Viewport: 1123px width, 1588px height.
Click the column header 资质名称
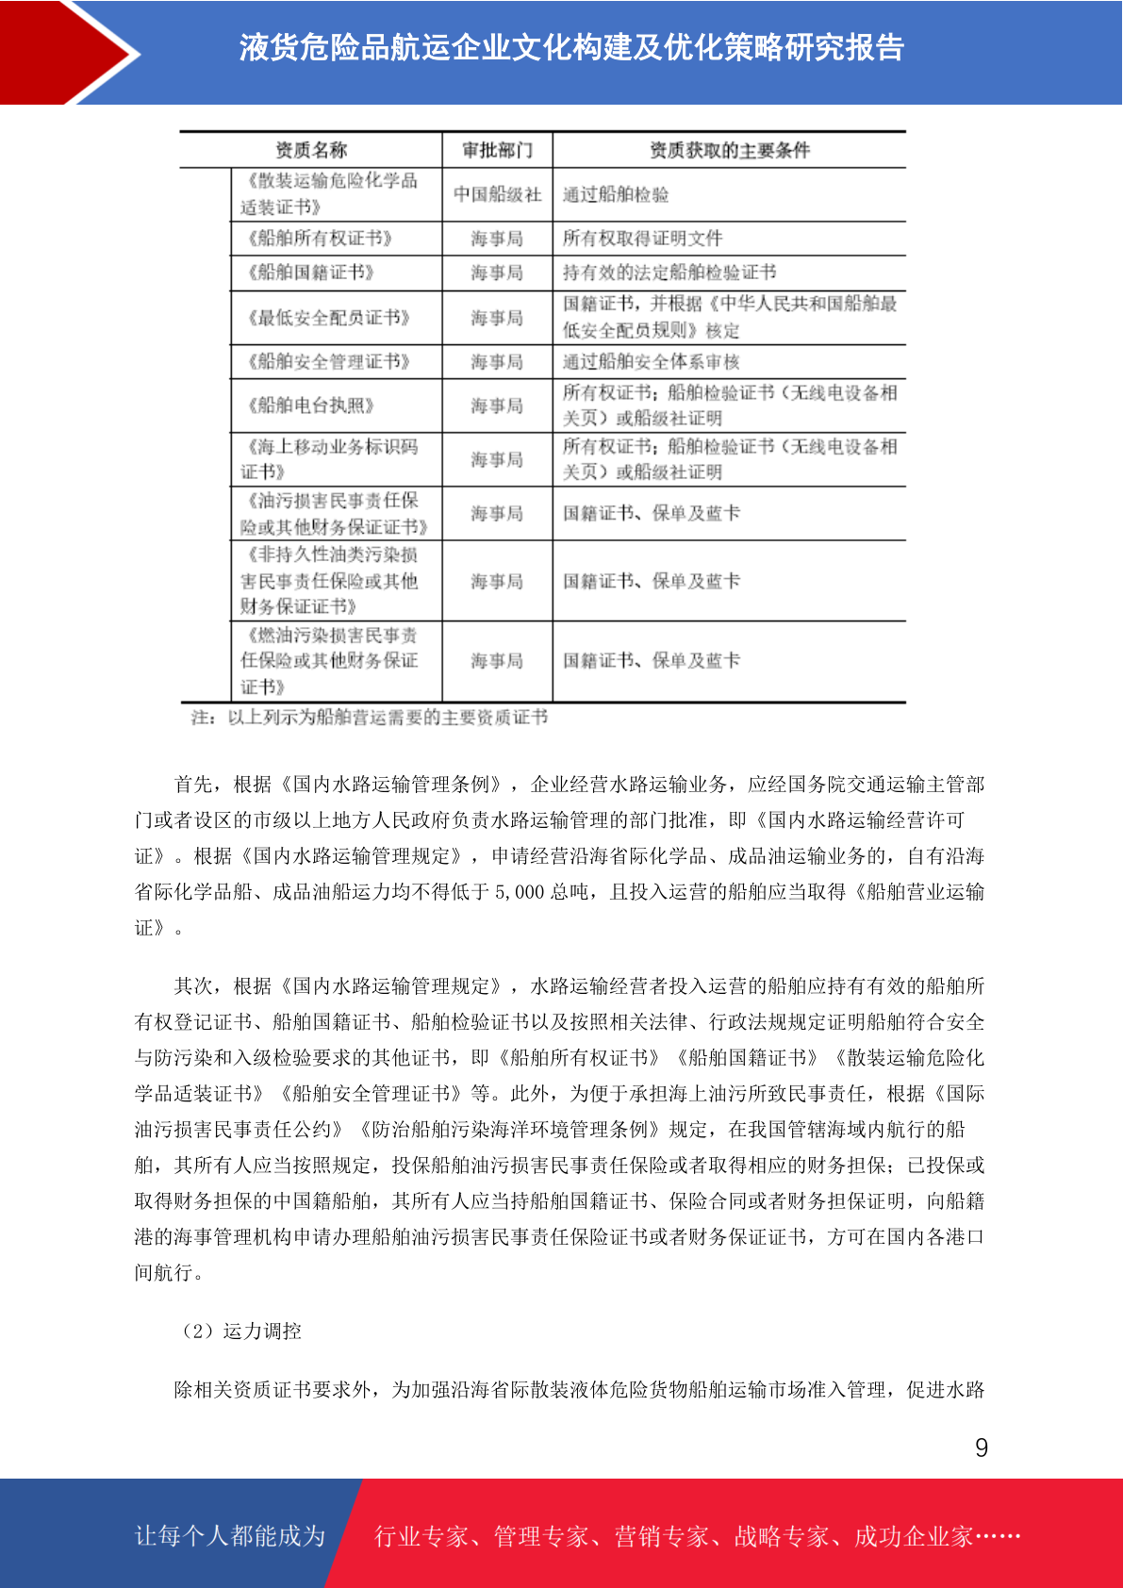point(311,150)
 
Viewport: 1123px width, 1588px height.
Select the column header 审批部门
point(497,150)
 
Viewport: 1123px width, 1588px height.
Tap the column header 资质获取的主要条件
point(729,150)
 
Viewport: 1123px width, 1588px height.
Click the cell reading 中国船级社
point(497,194)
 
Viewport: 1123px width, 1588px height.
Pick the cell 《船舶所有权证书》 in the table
point(319,239)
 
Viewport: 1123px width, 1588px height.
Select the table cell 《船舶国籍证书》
point(310,273)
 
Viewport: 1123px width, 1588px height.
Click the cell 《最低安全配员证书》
point(328,318)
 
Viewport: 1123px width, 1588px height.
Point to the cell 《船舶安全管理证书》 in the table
point(328,362)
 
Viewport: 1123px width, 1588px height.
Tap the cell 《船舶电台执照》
point(310,405)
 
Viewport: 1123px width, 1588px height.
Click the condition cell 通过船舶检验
point(616,194)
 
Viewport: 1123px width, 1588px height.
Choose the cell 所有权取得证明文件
point(642,239)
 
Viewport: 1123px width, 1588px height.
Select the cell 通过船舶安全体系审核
point(651,362)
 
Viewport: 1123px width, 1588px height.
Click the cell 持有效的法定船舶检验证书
point(669,273)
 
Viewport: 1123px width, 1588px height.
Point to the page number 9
point(982,1448)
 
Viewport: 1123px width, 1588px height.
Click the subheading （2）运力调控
point(238,1331)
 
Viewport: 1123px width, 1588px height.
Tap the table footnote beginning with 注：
point(369,718)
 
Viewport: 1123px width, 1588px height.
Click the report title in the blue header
point(571,47)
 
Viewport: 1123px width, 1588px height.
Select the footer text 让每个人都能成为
point(230,1536)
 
